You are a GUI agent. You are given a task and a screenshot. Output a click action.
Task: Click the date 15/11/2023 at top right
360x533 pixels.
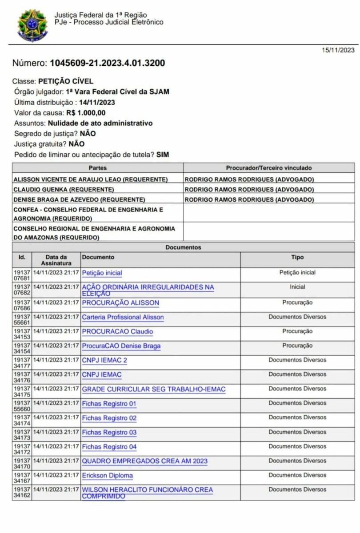[x=338, y=50]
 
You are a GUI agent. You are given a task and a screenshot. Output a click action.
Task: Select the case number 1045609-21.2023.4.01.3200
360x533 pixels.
[x=108, y=63]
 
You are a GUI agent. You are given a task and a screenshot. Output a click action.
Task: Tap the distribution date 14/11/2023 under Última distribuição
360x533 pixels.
[x=97, y=102]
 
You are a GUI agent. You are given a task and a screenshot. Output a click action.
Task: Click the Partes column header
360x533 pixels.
[x=98, y=168]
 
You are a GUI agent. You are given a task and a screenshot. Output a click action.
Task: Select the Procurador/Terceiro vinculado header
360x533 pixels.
[x=269, y=168]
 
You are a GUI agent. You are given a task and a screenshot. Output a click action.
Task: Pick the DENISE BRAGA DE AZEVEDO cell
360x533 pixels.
[x=80, y=200]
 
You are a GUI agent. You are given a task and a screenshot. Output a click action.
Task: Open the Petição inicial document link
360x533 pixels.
[x=102, y=273]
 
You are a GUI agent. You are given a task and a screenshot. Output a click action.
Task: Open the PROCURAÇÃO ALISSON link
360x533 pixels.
[x=120, y=303]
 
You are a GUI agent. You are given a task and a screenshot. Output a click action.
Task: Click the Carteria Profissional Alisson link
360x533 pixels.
[x=123, y=317]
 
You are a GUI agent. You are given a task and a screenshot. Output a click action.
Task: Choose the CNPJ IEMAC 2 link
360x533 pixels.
[x=104, y=360]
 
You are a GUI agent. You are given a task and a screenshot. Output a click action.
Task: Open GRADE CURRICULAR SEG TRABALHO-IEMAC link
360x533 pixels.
[x=153, y=390]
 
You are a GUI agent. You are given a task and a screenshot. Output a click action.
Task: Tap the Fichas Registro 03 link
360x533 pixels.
[x=109, y=433]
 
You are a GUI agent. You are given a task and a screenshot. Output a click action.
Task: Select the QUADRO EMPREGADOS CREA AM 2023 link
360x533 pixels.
[x=144, y=461]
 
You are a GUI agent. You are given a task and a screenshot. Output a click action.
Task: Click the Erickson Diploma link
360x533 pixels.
[x=107, y=476]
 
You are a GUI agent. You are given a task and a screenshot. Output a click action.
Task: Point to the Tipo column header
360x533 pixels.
[x=297, y=257]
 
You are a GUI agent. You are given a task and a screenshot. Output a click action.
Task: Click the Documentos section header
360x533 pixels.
[x=183, y=247]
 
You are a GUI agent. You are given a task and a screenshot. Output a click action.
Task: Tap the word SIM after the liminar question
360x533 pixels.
[x=163, y=155]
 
